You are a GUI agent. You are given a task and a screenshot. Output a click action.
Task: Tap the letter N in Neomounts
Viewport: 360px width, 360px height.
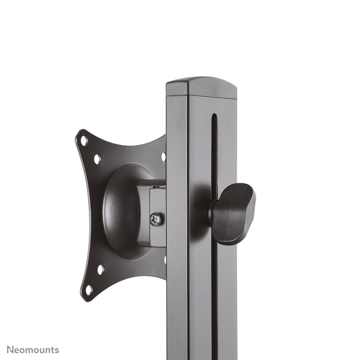11,350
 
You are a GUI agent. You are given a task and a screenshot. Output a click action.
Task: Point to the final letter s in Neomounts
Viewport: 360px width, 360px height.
57,350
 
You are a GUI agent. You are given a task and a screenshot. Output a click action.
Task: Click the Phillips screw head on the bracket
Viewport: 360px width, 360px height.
156,219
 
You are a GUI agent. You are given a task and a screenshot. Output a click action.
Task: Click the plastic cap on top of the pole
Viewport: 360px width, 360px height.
202,87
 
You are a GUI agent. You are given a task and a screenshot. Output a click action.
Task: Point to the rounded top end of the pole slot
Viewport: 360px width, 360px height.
214,117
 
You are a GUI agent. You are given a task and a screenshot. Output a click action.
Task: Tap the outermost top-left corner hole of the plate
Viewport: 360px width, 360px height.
84,141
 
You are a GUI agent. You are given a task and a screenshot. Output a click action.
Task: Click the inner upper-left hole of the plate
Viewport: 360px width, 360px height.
97,159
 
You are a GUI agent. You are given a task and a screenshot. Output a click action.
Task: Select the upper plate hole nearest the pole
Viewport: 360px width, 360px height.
164,157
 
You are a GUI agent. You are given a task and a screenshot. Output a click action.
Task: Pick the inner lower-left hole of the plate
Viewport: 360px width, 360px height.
101,270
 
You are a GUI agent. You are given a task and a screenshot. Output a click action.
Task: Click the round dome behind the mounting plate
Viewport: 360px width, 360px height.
120,212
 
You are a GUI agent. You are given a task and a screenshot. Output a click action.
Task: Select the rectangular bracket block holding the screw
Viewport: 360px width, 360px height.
152,213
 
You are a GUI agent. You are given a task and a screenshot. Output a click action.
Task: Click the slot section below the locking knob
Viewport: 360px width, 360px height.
214,294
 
